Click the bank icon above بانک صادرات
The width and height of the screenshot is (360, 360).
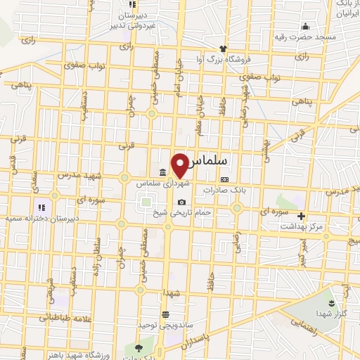(224, 179)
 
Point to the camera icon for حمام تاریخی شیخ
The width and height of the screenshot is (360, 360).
(182, 202)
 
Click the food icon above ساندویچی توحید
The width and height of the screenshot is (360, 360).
(165, 315)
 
